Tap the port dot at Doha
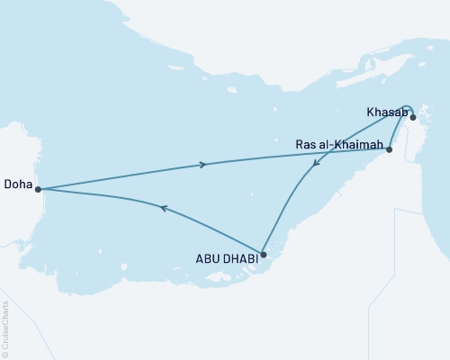[38, 189]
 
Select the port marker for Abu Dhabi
[263, 254]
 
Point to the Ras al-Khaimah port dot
[389, 149]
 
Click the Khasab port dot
[413, 117]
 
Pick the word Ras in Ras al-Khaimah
[305, 144]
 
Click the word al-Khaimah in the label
[352, 144]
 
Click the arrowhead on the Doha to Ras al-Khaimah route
[203, 164]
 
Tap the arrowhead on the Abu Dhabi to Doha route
[163, 208]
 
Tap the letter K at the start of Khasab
[371, 112]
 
